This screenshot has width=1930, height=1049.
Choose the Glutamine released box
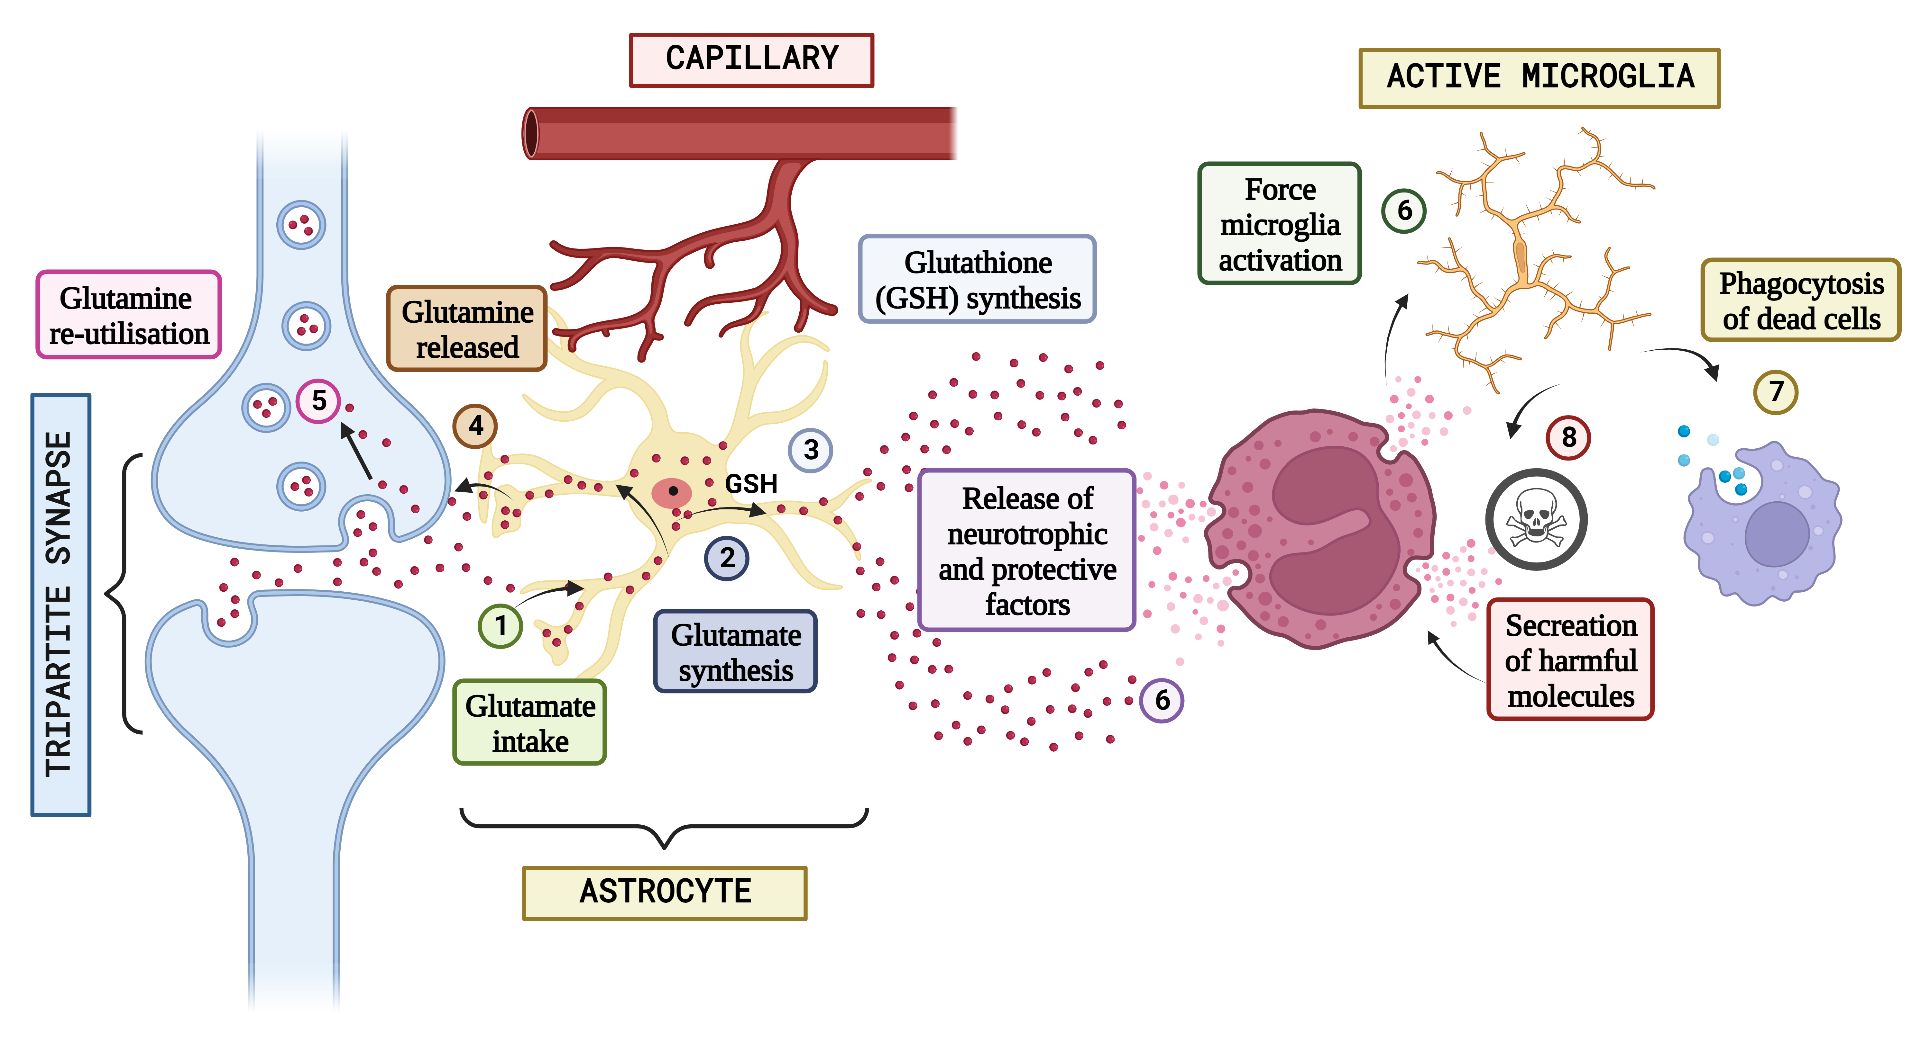coord(467,329)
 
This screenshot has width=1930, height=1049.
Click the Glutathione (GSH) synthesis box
coord(977,279)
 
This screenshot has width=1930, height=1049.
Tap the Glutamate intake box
coord(530,722)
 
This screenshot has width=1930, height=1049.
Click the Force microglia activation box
coord(1280,224)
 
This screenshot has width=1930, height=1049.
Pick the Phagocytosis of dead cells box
coord(1800,300)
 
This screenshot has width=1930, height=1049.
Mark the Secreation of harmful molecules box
coord(1570,660)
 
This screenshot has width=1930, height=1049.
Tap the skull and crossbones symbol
coord(1536,519)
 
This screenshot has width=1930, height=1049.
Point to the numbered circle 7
coord(1776,391)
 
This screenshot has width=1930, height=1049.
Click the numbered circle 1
coord(501,625)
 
